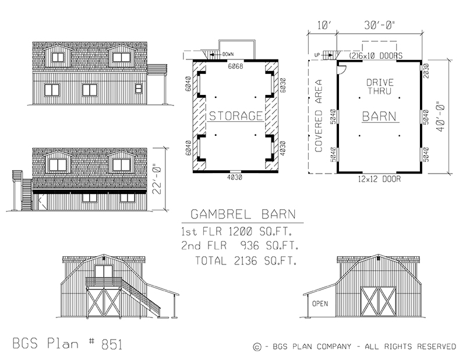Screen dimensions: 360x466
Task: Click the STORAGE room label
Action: [236, 116]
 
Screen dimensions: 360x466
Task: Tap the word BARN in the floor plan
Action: [380, 116]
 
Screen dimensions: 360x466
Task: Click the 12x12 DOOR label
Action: [380, 179]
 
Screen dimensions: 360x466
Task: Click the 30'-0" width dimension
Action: [379, 26]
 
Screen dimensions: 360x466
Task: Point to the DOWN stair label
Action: [226, 54]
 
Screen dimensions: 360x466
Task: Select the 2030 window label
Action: [427, 70]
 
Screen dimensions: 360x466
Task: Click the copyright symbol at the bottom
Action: [257, 347]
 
